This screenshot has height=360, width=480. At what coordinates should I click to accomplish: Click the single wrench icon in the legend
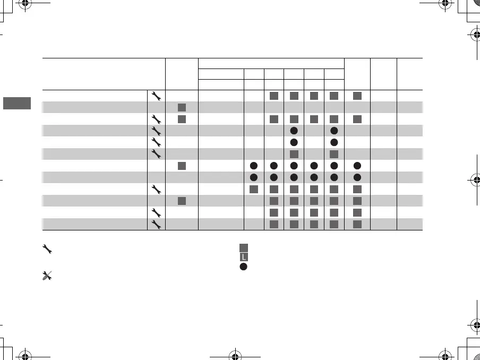(x=46, y=248)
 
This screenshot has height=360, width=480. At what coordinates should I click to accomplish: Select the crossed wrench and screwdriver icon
(x=46, y=276)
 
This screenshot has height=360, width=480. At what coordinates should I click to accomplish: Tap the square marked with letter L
(x=244, y=257)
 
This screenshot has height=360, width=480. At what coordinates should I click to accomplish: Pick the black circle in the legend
(x=244, y=267)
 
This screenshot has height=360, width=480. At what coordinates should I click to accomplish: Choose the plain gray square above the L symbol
(x=244, y=247)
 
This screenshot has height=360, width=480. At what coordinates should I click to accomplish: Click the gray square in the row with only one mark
(x=182, y=107)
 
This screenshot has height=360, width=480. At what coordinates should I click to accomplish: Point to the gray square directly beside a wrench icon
(x=182, y=118)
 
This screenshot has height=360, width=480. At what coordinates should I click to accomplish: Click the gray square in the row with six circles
(x=182, y=166)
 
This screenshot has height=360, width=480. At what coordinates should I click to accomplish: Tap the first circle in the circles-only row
(x=254, y=177)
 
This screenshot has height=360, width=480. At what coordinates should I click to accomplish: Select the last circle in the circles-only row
(x=357, y=177)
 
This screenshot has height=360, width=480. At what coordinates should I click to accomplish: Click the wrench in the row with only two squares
(x=156, y=154)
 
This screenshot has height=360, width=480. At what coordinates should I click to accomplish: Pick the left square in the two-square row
(x=294, y=154)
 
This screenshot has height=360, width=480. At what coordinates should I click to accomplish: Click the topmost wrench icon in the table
(x=156, y=96)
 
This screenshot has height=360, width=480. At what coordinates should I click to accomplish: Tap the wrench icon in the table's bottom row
(x=156, y=225)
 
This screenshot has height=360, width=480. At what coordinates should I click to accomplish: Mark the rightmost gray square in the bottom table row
(x=357, y=225)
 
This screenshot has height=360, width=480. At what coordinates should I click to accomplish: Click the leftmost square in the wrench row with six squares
(x=254, y=189)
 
